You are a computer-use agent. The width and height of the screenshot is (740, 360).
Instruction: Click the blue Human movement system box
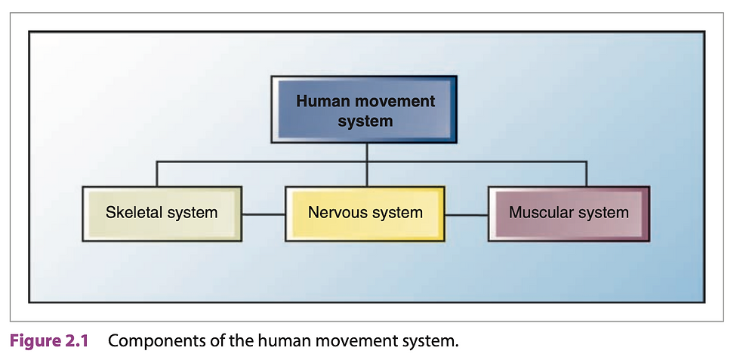click(x=364, y=109)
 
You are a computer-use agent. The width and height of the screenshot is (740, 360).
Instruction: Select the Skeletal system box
click(x=162, y=214)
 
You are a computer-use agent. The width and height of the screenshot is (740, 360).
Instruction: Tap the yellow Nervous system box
click(x=365, y=214)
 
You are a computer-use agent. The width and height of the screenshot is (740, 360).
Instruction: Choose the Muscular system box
click(x=569, y=214)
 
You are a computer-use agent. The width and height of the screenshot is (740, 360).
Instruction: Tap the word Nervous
click(x=335, y=212)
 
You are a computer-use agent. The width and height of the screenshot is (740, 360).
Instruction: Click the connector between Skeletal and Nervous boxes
click(x=264, y=214)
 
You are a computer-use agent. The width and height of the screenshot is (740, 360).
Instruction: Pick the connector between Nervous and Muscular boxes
click(x=467, y=214)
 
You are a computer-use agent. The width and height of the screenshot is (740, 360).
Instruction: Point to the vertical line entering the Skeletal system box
click(x=157, y=174)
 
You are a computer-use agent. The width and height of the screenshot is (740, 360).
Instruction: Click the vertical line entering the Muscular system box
click(x=586, y=174)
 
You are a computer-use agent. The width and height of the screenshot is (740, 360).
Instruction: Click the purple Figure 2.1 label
click(x=49, y=341)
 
